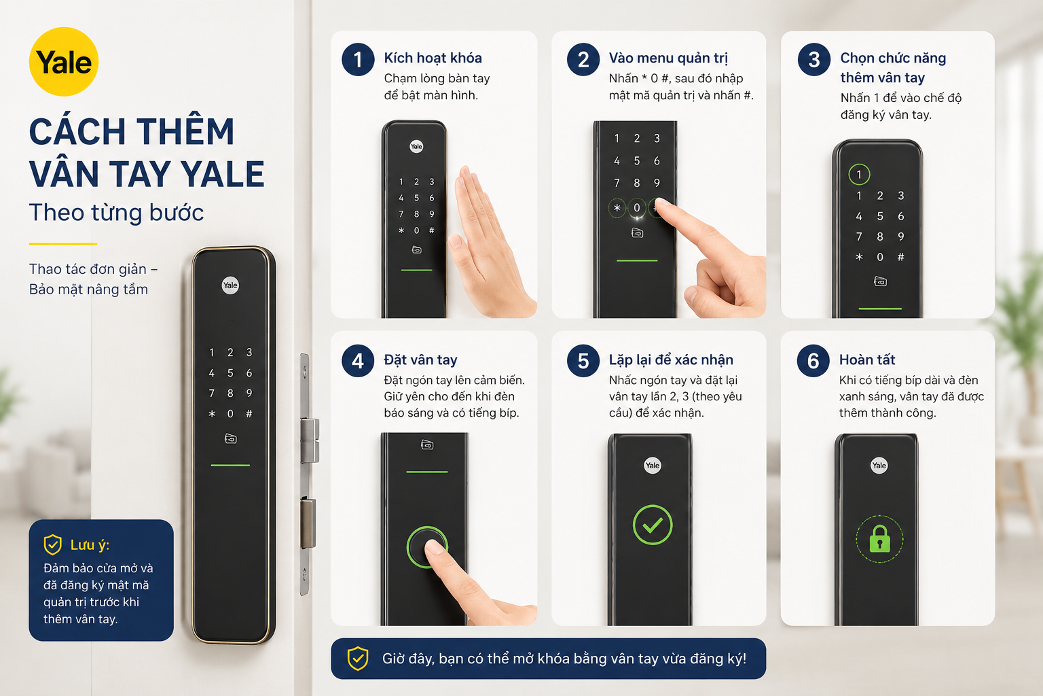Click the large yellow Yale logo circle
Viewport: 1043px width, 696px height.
64,62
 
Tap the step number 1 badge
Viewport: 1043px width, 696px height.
358,60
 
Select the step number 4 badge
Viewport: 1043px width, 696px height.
358,361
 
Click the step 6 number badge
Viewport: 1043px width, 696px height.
813,361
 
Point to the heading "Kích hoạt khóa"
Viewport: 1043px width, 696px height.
433,58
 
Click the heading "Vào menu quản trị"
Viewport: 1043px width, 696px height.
668,58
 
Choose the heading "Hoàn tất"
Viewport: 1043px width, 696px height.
867,360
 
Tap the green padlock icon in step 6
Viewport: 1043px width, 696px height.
879,540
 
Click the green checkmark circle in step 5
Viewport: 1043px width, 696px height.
653,525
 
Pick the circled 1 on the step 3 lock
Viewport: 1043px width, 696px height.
859,175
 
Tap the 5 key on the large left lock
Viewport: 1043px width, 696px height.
230,373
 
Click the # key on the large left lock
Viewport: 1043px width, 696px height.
249,413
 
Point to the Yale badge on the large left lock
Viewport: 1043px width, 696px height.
230,285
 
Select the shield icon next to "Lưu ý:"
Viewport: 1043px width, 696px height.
52,544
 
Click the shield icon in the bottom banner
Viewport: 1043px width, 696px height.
358,658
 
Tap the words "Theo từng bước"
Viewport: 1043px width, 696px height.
116,213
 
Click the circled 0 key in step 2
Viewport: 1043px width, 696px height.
636,208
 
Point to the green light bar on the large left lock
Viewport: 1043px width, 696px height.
230,465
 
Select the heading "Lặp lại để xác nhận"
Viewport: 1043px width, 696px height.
671,360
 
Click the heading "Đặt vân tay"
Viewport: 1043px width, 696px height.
420,360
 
